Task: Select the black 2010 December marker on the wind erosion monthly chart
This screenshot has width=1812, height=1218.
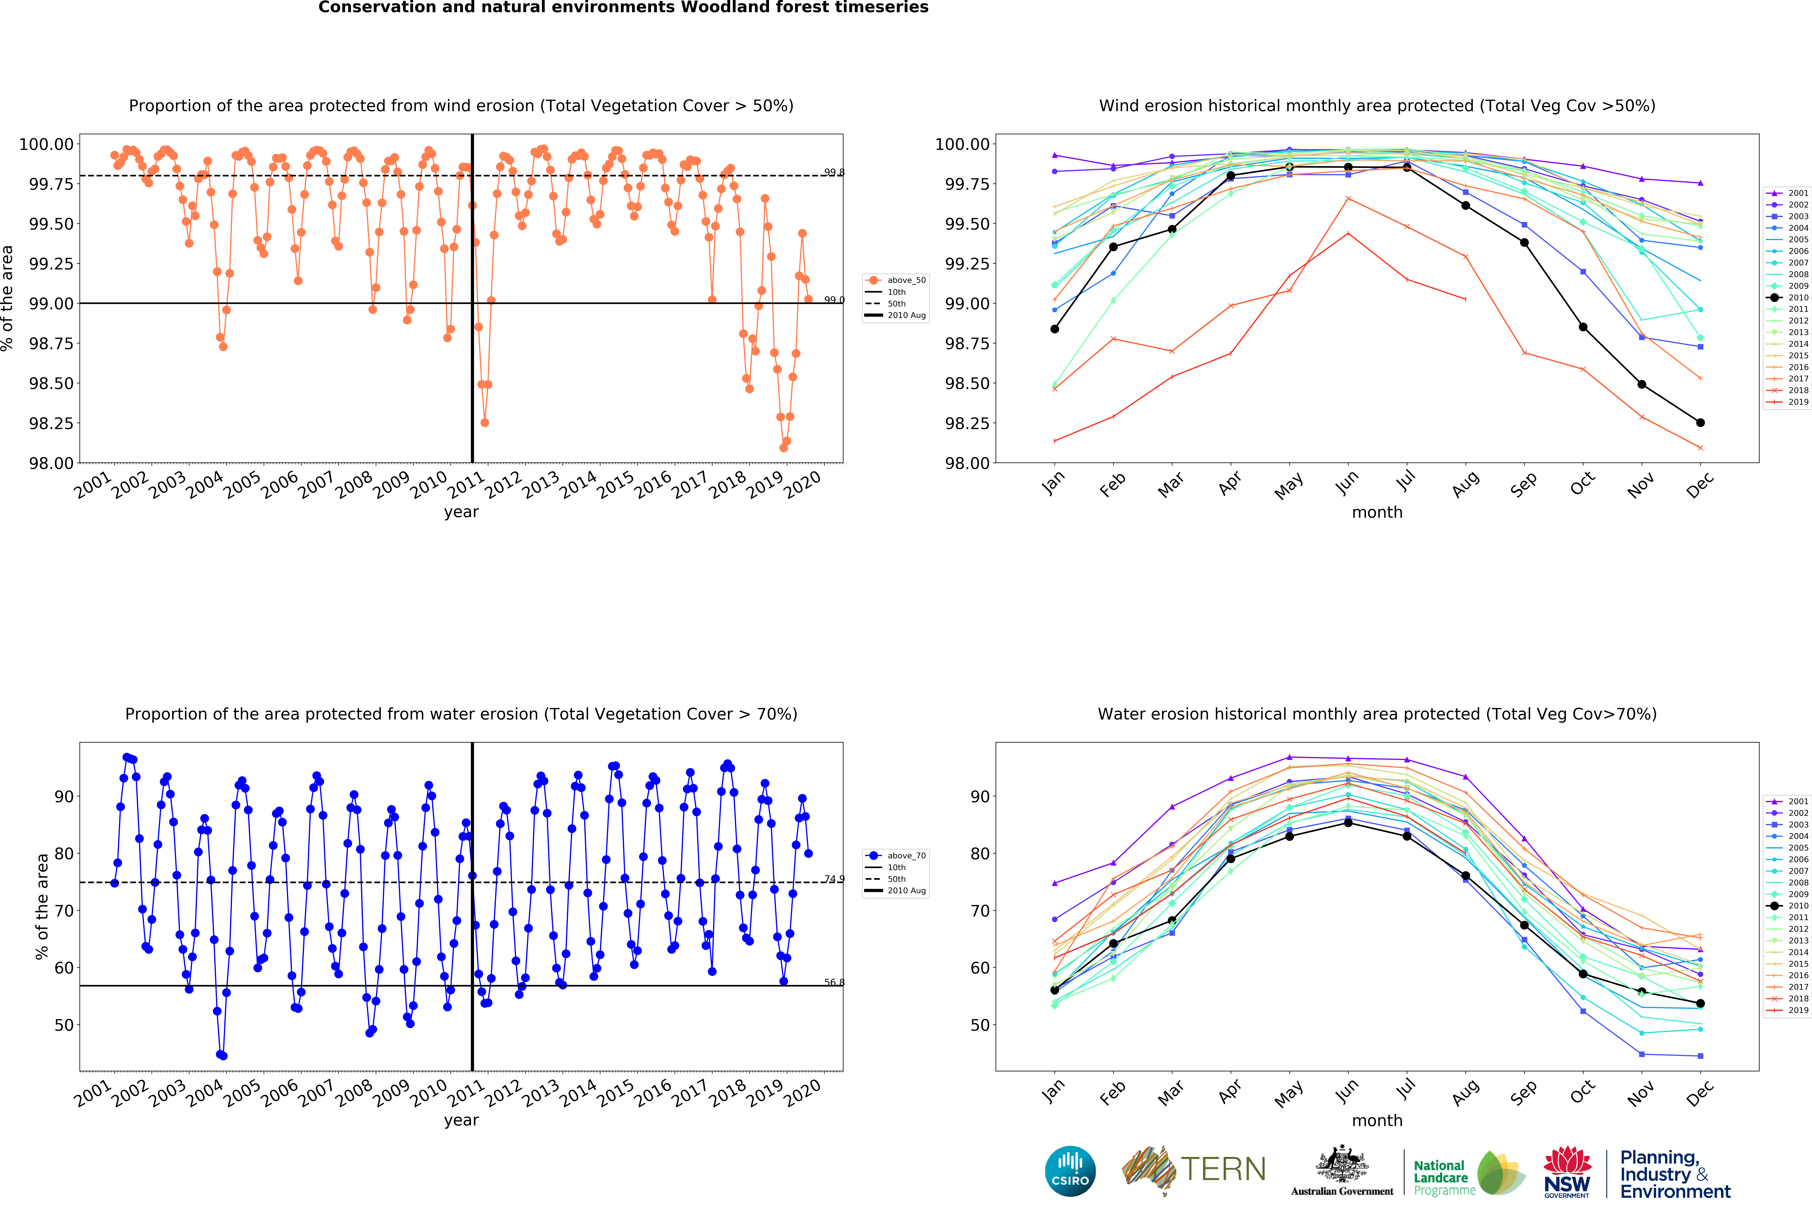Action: point(1700,423)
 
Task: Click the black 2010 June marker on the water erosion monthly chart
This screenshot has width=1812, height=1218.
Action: point(1348,823)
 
